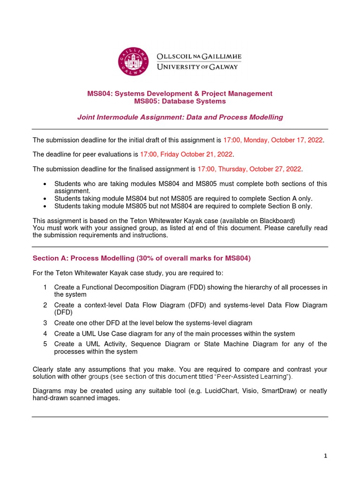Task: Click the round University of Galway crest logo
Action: point(134,61)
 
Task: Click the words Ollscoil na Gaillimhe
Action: point(199,56)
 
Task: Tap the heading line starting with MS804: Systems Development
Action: point(180,93)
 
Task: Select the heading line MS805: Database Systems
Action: point(180,101)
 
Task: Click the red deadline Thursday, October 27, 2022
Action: point(250,169)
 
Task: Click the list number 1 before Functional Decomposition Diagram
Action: point(45,287)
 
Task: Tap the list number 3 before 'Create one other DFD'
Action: point(45,323)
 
